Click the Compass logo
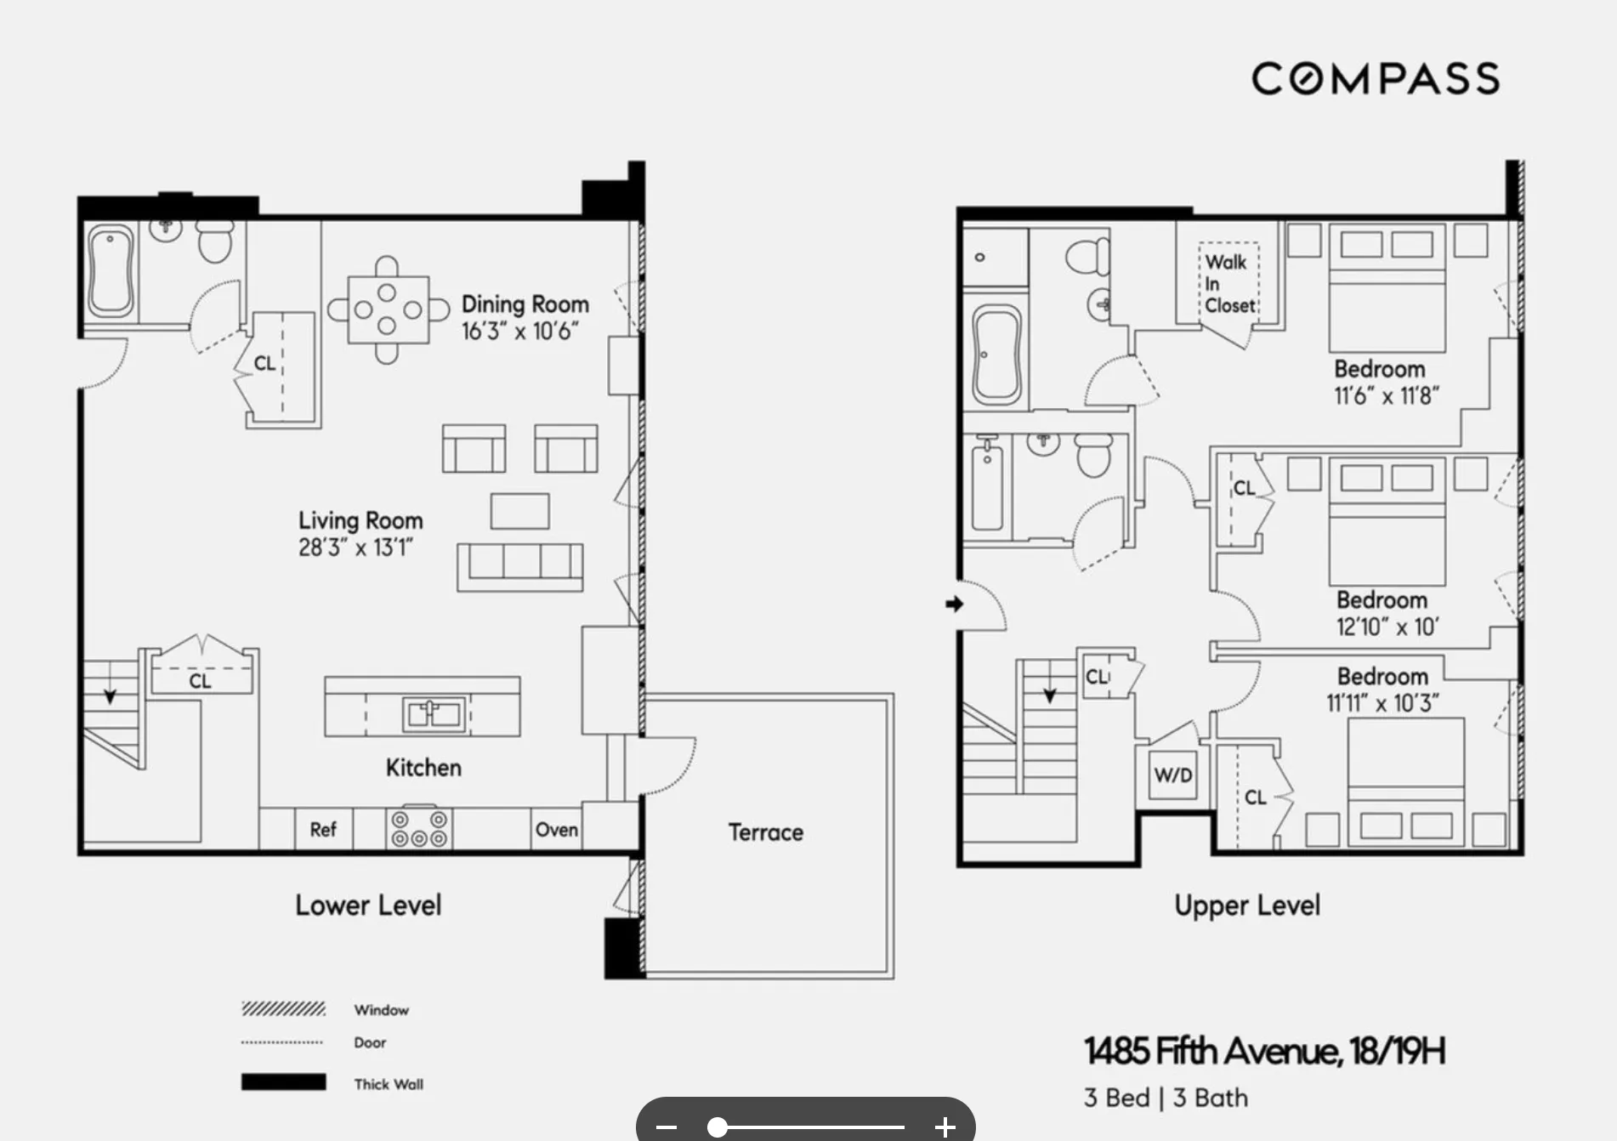tap(1375, 78)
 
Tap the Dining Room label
tap(525, 304)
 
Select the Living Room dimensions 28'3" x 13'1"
tap(355, 548)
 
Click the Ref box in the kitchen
tap(323, 829)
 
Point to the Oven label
tap(557, 829)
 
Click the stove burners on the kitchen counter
tap(419, 829)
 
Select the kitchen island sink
tap(434, 712)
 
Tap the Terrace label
tap(765, 832)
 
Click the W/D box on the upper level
tap(1173, 775)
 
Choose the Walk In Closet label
tap(1229, 283)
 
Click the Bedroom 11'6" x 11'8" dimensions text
tap(1386, 396)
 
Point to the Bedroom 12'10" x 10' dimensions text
tap(1387, 627)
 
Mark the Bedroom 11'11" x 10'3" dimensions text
tap(1382, 704)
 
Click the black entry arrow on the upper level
tap(954, 604)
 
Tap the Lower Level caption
tap(368, 905)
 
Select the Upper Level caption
tap(1247, 905)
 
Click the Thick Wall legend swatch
tap(283, 1082)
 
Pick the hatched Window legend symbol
tap(283, 1009)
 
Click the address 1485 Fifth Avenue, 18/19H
tap(1264, 1052)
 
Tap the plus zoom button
tap(945, 1127)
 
